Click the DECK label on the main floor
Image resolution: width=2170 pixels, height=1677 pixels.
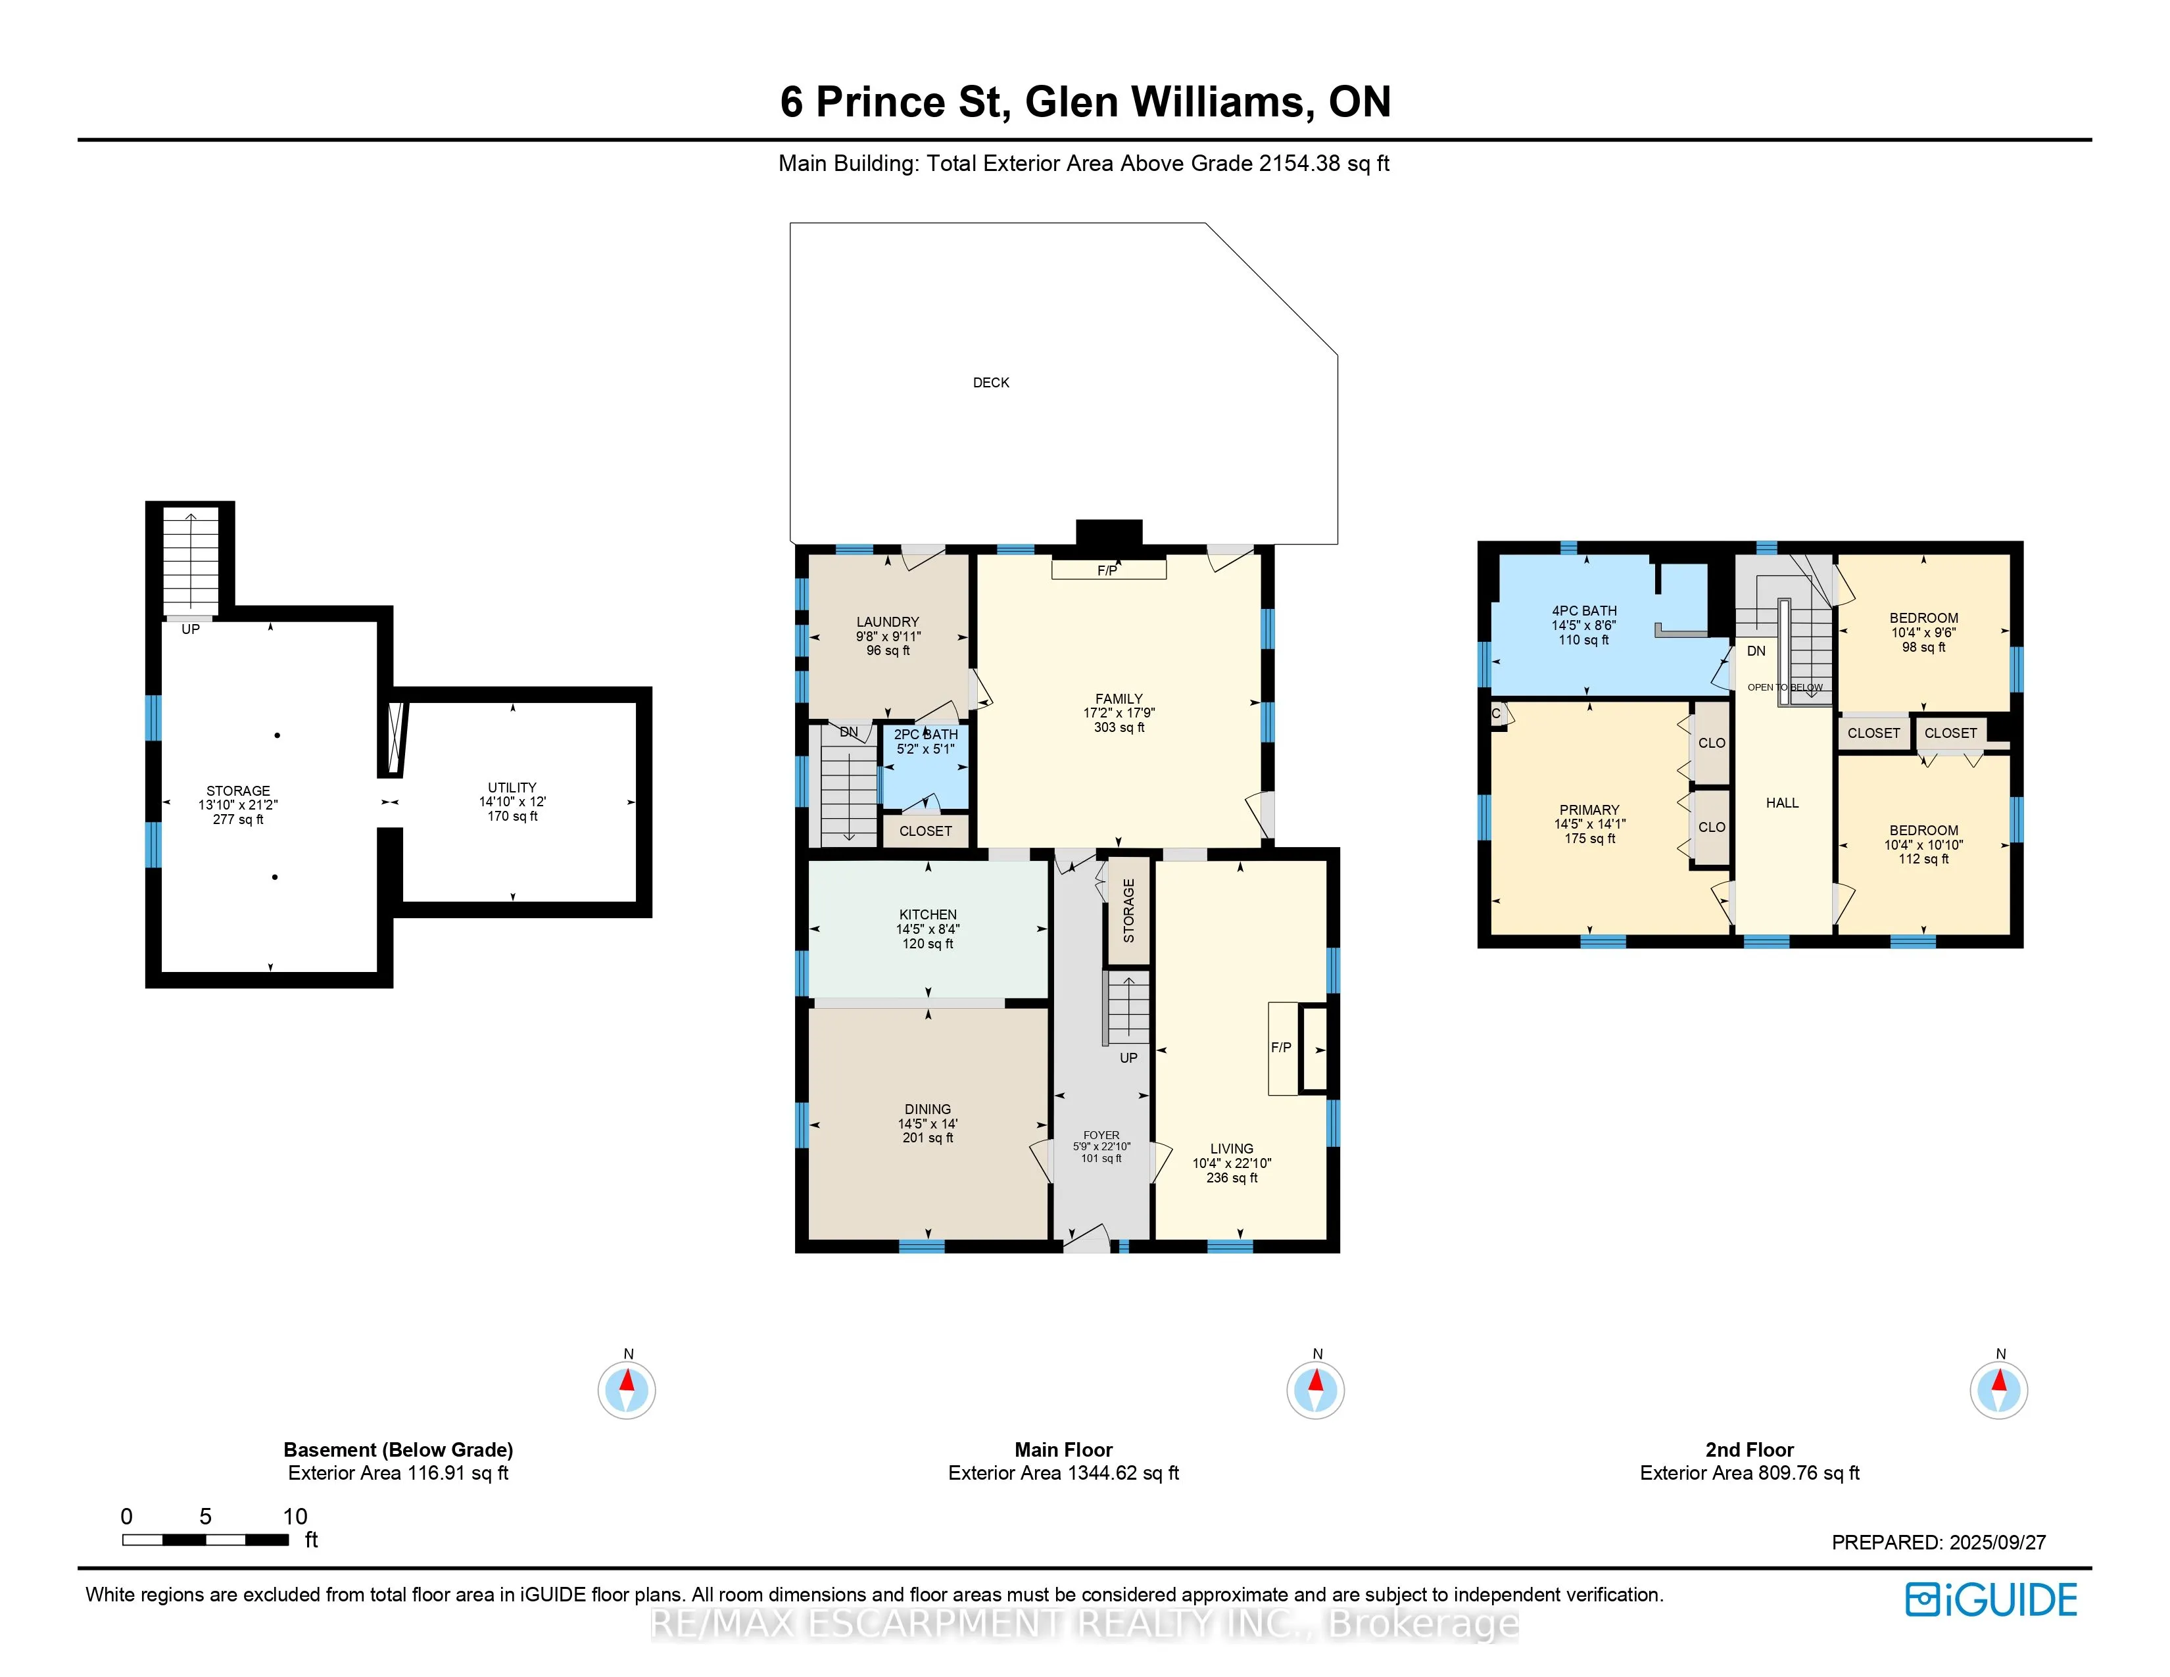[x=990, y=383]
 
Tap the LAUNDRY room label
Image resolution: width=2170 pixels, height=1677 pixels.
[x=887, y=622]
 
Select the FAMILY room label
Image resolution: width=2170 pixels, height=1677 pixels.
[x=1119, y=698]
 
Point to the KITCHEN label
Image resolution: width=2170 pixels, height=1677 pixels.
[x=928, y=914]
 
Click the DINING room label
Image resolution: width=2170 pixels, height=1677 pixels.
[x=928, y=1109]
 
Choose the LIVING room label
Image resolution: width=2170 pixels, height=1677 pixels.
[x=1232, y=1148]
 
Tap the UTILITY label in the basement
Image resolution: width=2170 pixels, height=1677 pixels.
[x=512, y=787]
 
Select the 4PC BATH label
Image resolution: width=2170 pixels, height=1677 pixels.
[x=1585, y=611]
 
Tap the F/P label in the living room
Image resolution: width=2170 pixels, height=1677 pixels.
[x=1281, y=1047]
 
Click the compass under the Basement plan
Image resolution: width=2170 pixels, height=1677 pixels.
[x=627, y=1389]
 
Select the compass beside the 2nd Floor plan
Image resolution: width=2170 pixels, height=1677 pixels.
[x=1999, y=1389]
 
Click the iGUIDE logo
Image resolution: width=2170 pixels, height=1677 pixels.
[x=1991, y=1599]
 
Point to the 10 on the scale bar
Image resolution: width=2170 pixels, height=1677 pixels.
[x=295, y=1516]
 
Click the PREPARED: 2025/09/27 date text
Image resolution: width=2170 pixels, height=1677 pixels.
[x=1939, y=1542]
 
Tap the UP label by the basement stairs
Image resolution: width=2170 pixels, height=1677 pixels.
[x=191, y=629]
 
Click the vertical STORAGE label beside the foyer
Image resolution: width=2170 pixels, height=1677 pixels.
[x=1128, y=910]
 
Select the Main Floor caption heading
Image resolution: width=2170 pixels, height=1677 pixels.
[x=1063, y=1449]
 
